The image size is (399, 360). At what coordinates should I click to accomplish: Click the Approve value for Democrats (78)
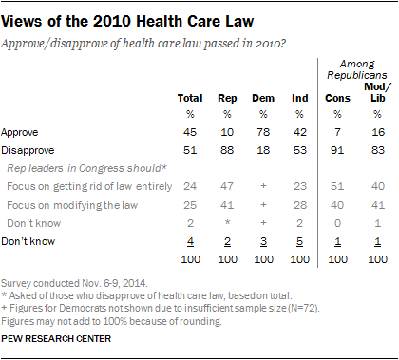coord(263,132)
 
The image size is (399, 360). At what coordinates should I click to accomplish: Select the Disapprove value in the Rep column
coord(227,150)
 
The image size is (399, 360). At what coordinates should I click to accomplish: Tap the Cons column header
coord(337,98)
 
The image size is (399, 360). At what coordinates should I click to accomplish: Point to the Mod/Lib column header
coord(377,92)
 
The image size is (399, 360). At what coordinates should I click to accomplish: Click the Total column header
coord(190,98)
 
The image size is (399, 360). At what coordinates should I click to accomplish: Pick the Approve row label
coord(20,132)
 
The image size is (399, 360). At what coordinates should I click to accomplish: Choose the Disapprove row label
coord(28,150)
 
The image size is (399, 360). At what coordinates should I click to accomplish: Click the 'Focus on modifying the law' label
coord(72,205)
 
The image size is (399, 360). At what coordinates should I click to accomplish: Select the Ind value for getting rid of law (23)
coord(299,186)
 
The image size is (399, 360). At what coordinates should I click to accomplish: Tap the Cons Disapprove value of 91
coord(337,150)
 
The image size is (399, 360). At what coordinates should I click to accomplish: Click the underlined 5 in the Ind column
coord(299,242)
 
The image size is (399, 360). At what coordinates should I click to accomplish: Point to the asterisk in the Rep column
coord(227,222)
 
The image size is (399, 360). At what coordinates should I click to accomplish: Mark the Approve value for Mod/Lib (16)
coord(378,132)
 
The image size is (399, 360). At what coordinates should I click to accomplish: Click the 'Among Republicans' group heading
coord(357,69)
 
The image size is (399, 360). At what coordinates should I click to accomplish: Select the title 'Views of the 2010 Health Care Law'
coord(127,22)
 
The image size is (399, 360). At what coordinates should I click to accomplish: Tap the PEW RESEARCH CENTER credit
coord(56,339)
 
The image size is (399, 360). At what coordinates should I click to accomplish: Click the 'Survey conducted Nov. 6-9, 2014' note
coord(74,283)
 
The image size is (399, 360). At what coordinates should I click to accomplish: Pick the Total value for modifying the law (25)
coord(190,205)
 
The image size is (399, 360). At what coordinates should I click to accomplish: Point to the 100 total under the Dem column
coord(263,259)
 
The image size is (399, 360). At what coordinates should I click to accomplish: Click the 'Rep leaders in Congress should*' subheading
coord(86,168)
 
